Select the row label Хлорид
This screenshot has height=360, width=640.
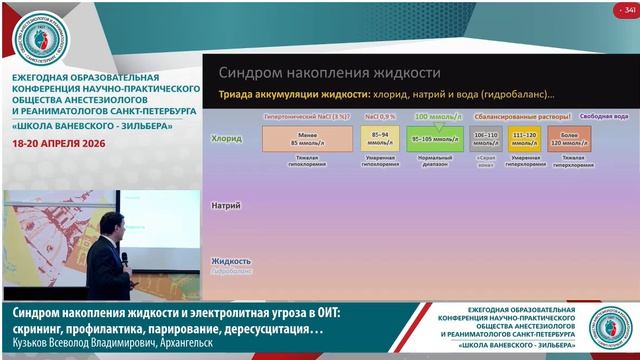pos(228,139)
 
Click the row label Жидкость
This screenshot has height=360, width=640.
pos(231,261)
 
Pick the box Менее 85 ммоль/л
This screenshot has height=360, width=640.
pos(308,138)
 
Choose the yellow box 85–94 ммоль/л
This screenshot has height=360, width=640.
pos(380,138)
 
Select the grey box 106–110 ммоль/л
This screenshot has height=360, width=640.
pos(486,138)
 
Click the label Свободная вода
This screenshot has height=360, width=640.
pos(604,117)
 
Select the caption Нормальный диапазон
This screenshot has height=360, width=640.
pos(435,161)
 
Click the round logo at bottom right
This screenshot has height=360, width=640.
pos(608,327)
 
